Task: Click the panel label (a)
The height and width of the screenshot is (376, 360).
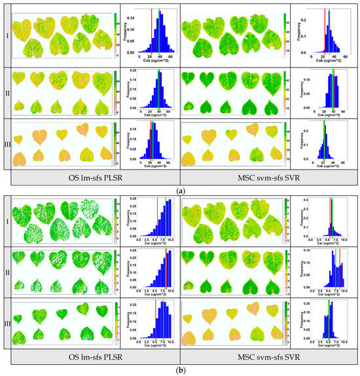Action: [180, 189]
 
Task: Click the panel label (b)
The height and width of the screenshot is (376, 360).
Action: [180, 371]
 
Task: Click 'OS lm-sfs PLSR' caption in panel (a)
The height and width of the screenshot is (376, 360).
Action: [92, 177]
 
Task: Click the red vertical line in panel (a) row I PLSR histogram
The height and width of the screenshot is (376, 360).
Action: [151, 33]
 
